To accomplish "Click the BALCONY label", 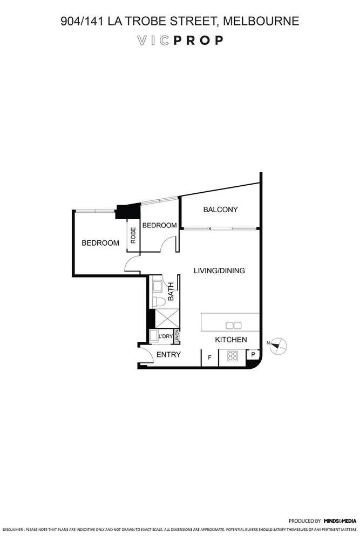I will pos(220,210).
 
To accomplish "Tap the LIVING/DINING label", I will pos(219,271).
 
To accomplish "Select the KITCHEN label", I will pos(231,340).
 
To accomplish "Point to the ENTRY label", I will pos(168,355).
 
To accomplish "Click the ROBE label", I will pos(133,236).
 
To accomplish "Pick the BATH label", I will pos(171,292).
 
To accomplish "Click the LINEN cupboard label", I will pos(176,336).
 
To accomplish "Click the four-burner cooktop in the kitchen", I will pos(233,356).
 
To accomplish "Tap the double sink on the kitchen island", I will pos(234,325).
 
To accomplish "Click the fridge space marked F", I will pos(209,357).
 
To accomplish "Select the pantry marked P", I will pos(253,355).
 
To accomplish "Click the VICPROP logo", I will pos(180,40).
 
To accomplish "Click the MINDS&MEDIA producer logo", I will pos(340,521).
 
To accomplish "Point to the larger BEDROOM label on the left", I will pos(100,243).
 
